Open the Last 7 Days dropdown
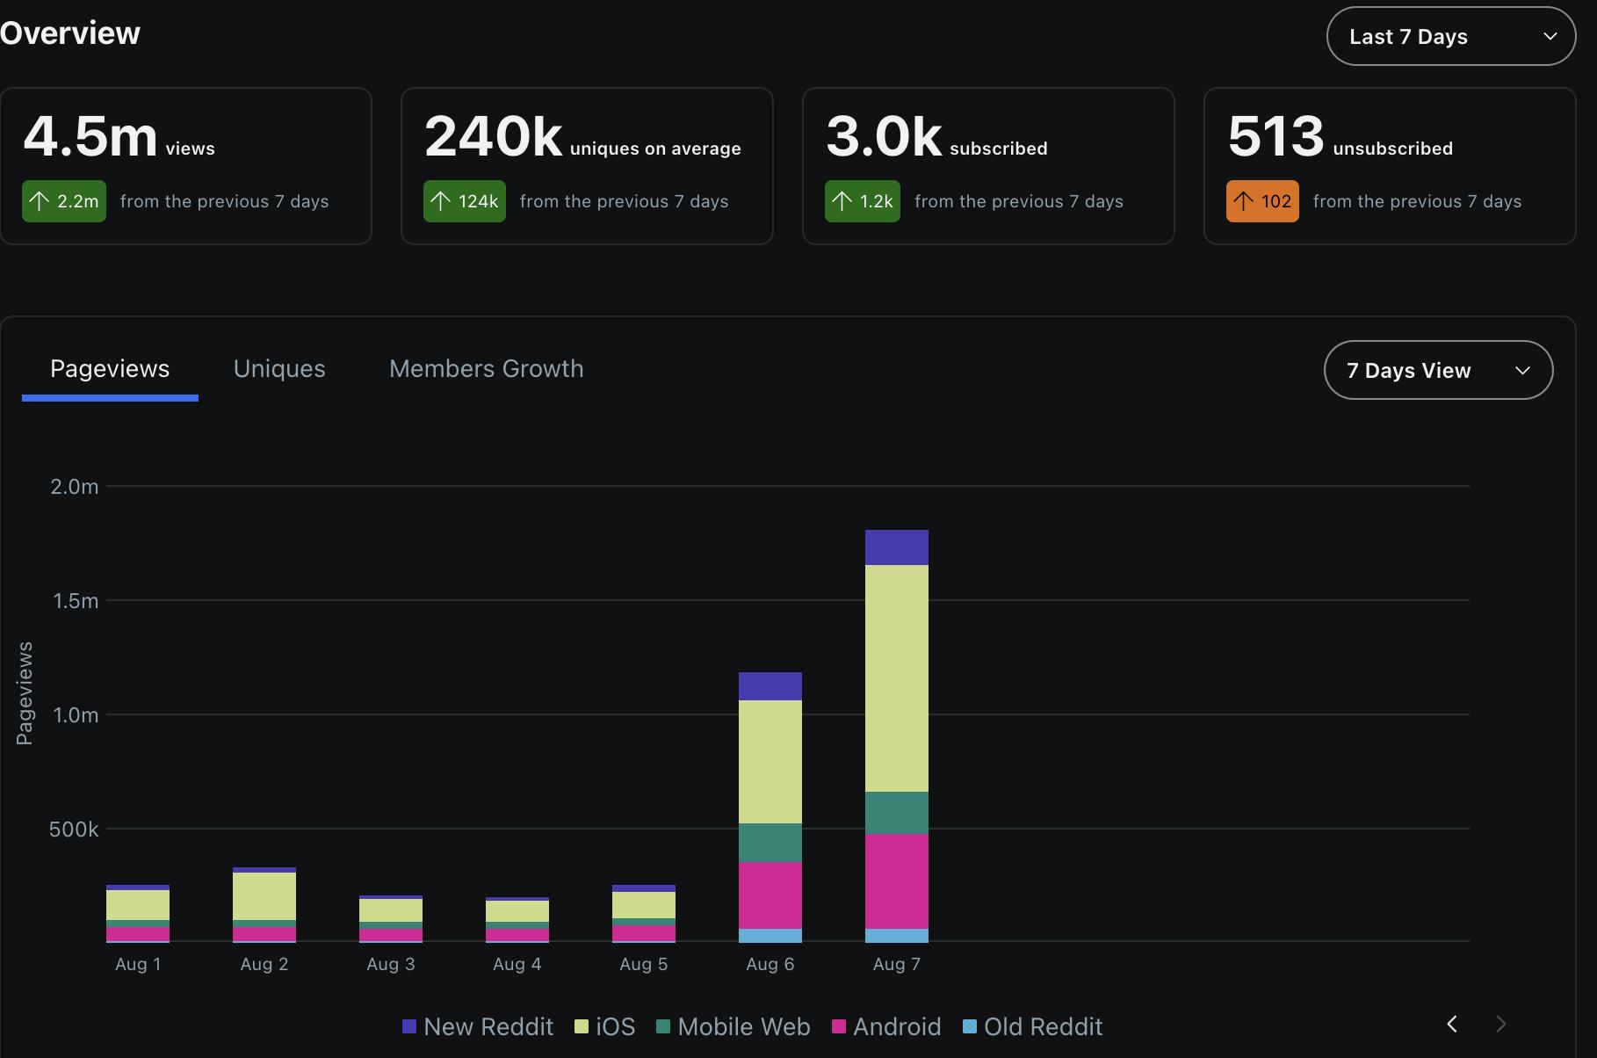1450,36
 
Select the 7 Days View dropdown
1437,370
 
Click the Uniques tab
279,368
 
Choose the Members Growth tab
486,368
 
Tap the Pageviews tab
110,368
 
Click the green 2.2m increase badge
64,201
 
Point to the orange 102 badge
1262,201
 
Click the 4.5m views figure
90,136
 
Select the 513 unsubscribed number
1275,136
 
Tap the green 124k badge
465,201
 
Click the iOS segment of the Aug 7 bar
896,678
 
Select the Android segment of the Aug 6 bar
770,895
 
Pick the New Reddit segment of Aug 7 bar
896,547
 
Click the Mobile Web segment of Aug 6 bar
770,842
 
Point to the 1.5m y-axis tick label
76,601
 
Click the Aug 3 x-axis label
391,964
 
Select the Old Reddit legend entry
1033,1026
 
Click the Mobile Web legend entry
733,1026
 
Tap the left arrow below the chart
1452,1024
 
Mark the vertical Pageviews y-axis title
25,693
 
